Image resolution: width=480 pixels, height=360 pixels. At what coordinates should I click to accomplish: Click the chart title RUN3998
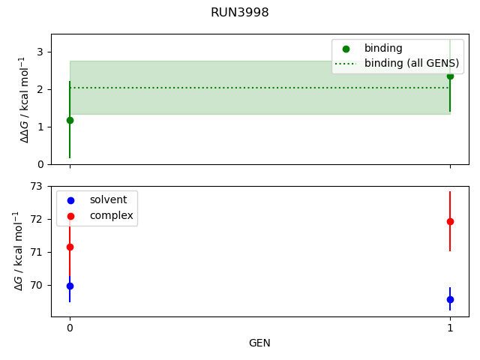click(x=240, y=13)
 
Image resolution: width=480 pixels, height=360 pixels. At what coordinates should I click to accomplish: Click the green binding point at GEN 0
click(x=70, y=120)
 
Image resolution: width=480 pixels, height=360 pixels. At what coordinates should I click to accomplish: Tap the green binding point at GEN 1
click(x=450, y=76)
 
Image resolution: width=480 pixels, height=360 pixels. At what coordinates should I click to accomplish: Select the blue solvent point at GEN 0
click(x=70, y=286)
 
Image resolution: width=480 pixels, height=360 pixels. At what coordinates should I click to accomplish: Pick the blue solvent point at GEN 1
click(x=450, y=299)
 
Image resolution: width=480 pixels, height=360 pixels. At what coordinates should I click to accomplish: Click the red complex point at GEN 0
click(x=70, y=247)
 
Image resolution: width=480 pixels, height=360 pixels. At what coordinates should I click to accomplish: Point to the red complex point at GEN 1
click(x=450, y=221)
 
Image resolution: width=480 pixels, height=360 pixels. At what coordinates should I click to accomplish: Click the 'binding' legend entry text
click(x=383, y=48)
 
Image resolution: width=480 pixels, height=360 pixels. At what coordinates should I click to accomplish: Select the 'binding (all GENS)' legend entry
click(x=406, y=64)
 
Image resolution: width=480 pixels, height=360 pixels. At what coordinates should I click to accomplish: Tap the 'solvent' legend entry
click(x=108, y=200)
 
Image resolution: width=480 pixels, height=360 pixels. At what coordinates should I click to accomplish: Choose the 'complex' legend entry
click(x=111, y=215)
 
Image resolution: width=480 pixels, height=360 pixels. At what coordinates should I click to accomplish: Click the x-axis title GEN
click(x=259, y=343)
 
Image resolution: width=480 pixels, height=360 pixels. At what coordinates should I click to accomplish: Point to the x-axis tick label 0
click(x=70, y=328)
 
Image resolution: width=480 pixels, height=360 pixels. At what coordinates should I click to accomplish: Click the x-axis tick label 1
click(x=450, y=328)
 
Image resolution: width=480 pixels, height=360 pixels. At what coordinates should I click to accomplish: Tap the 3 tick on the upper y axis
click(x=40, y=52)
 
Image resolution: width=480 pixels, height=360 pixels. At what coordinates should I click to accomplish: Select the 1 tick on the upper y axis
click(x=40, y=127)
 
